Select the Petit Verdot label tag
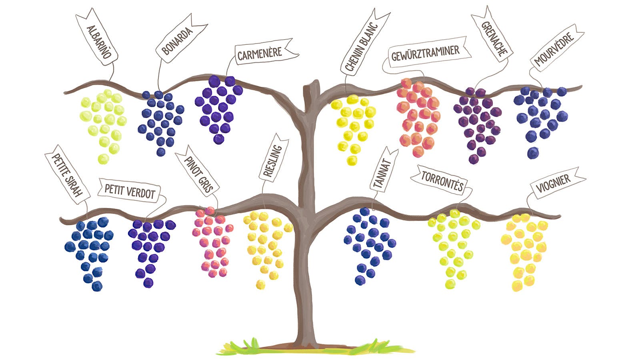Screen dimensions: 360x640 point(130,191)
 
